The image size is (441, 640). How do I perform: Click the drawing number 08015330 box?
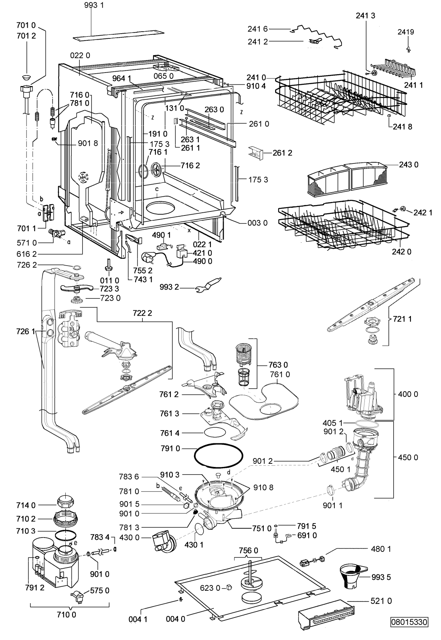tap(410, 630)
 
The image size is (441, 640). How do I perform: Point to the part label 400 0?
tap(408, 394)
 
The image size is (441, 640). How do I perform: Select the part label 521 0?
tap(381, 601)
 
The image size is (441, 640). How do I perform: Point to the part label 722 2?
tap(142, 313)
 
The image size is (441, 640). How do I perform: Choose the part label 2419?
tap(406, 32)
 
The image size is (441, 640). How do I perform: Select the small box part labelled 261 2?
tap(256, 153)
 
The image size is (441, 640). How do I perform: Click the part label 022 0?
tap(80, 55)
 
